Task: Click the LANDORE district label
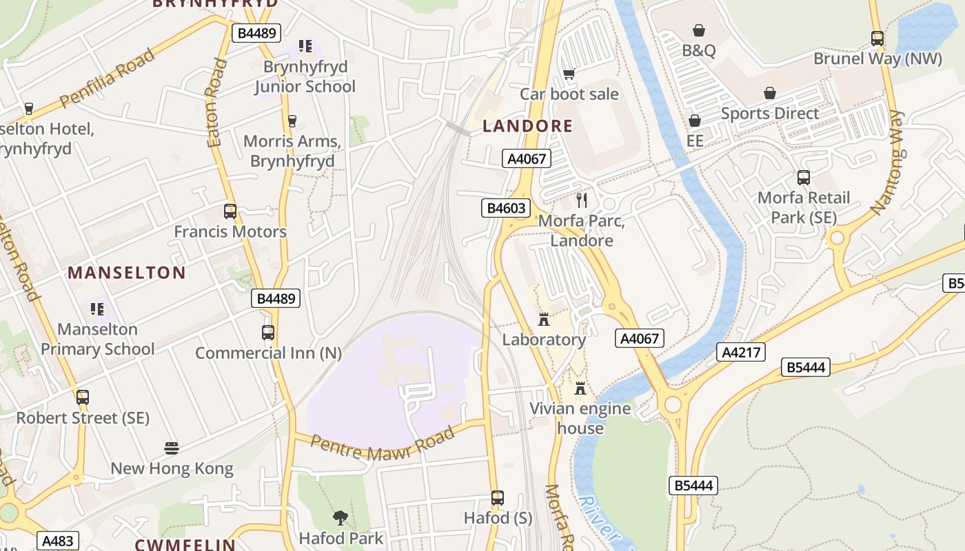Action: coord(527,125)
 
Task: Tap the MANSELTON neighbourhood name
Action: coord(127,273)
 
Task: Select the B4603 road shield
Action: coord(505,208)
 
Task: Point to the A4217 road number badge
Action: coord(741,353)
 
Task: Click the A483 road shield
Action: coord(58,541)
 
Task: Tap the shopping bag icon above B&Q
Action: coord(699,30)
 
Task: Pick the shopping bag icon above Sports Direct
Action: coord(770,93)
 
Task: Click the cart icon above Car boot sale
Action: coord(569,74)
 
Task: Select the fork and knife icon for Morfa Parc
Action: coord(582,200)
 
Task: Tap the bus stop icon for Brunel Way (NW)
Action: coord(877,39)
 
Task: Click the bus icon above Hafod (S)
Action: coord(498,498)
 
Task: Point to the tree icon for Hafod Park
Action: coord(341,517)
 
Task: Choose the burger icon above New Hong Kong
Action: coord(172,449)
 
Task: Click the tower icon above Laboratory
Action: coord(544,320)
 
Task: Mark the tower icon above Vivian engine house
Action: coord(580,388)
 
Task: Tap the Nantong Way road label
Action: coord(887,162)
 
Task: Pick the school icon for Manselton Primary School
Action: coord(97,309)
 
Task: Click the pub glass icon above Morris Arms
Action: coord(292,121)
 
